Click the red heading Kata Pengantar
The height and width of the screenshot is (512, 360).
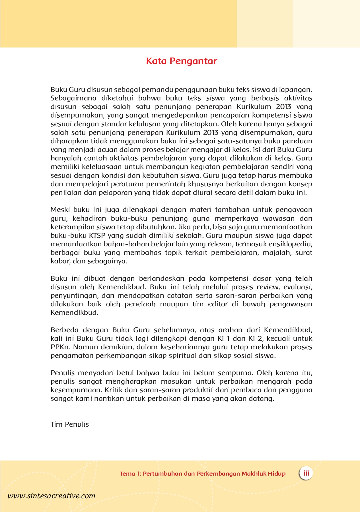point(182,61)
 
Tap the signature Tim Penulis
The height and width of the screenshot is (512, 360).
point(70,424)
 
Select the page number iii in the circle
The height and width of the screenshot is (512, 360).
point(306,473)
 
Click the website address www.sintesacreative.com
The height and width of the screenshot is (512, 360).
point(51,496)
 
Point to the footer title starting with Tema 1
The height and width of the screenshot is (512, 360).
point(202,474)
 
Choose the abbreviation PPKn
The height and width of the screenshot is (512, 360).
point(61,347)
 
